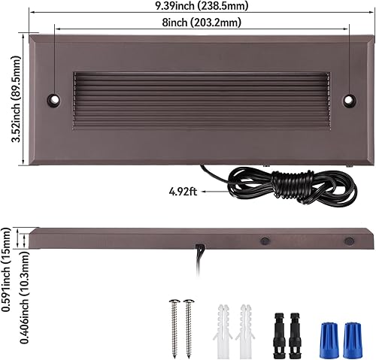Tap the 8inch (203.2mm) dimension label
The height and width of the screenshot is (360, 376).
tap(202, 23)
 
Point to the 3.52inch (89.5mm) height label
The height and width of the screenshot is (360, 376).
tap(9, 98)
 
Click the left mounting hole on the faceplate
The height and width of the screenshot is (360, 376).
tap(54, 99)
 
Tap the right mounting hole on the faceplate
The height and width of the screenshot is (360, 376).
tap(349, 99)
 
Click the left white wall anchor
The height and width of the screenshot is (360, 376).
tap(223, 322)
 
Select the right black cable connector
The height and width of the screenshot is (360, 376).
tap(295, 322)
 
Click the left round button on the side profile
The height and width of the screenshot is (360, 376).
tap(265, 242)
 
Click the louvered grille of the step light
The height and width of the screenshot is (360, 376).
tap(202, 99)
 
